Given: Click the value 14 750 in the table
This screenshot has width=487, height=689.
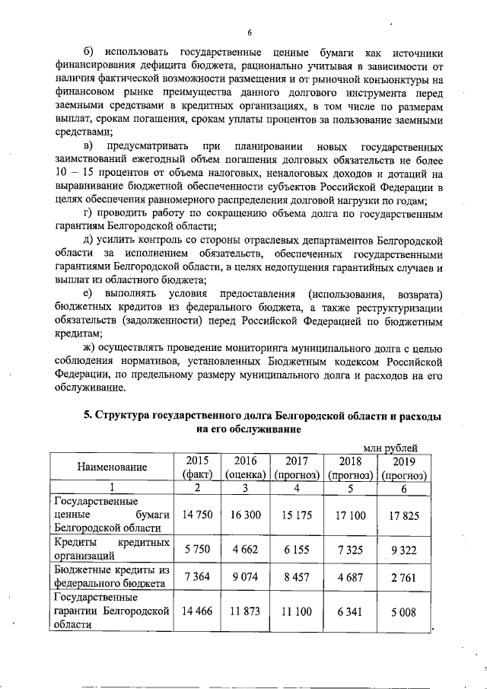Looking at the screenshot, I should click(197, 515).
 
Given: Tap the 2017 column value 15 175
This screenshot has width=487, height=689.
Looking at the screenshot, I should click(296, 515).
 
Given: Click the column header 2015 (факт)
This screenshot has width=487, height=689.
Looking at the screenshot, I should click(197, 467).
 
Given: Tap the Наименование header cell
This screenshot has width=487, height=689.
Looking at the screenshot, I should click(111, 467).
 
